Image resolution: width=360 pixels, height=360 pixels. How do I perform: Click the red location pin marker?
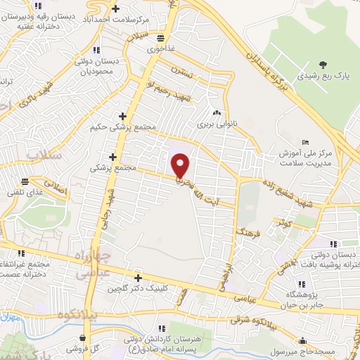tap(181, 165)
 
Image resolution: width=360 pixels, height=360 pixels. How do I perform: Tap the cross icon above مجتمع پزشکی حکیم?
tap(123, 116)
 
